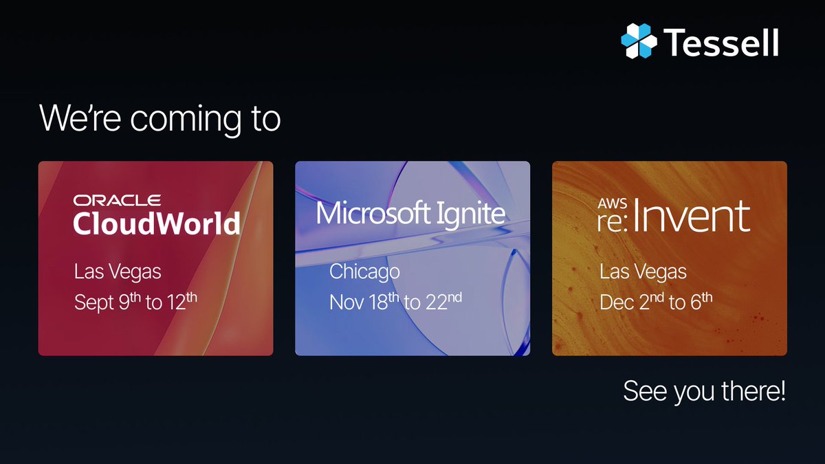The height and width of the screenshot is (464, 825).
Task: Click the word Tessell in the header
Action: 721,42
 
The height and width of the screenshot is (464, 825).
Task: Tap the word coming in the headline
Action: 188,119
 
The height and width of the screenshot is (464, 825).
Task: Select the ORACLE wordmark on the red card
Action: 118,201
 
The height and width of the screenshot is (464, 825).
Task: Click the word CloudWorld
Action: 157,223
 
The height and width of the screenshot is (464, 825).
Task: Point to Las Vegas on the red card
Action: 118,272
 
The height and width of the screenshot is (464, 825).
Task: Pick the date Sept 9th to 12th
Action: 135,302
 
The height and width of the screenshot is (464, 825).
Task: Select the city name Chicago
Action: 364,272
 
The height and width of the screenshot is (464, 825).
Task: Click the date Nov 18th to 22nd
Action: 395,302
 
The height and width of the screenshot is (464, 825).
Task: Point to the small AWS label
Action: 610,203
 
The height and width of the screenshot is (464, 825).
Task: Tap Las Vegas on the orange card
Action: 643,272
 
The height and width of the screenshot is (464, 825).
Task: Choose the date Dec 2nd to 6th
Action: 656,302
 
